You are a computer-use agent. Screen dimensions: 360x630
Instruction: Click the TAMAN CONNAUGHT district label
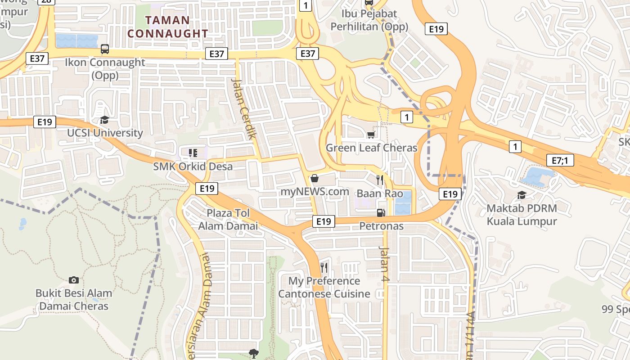tap(167, 27)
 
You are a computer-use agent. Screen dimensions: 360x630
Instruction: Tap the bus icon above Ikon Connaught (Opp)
tap(105, 49)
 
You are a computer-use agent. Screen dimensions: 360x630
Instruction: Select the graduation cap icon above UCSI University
tap(105, 120)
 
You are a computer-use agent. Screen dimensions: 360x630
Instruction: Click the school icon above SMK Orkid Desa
tap(193, 153)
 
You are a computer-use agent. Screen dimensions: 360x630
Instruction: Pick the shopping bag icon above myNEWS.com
tap(315, 178)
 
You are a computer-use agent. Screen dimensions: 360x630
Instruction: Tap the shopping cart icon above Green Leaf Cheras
tap(371, 135)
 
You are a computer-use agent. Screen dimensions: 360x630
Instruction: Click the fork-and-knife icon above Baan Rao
tap(379, 180)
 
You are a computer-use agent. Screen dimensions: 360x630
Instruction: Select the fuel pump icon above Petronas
tap(381, 212)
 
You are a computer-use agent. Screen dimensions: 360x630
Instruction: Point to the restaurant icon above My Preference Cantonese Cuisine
tap(324, 268)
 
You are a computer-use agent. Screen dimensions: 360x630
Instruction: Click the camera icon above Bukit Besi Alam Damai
tap(74, 280)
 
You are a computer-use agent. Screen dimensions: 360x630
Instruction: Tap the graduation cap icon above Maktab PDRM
tap(522, 195)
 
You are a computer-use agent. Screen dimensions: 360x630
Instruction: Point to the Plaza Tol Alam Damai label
tap(228, 219)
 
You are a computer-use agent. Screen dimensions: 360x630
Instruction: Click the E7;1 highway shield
tap(560, 160)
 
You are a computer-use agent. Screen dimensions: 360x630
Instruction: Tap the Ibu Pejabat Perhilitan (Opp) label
tap(369, 20)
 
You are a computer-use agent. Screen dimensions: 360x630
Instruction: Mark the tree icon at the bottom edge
tap(254, 354)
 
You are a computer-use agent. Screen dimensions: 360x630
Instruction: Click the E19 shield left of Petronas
tap(324, 221)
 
